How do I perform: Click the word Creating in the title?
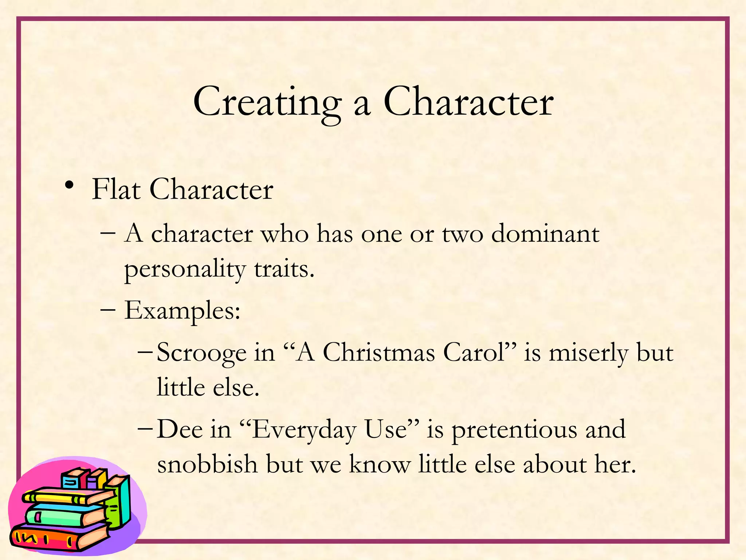[267, 102]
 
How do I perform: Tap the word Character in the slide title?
[468, 102]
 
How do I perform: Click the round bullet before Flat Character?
[69, 186]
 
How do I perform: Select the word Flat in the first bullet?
[116, 189]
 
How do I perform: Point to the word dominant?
[545, 234]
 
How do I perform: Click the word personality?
[185, 270]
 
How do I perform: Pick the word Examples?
[182, 311]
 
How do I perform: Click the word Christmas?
[379, 353]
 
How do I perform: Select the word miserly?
[588, 353]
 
